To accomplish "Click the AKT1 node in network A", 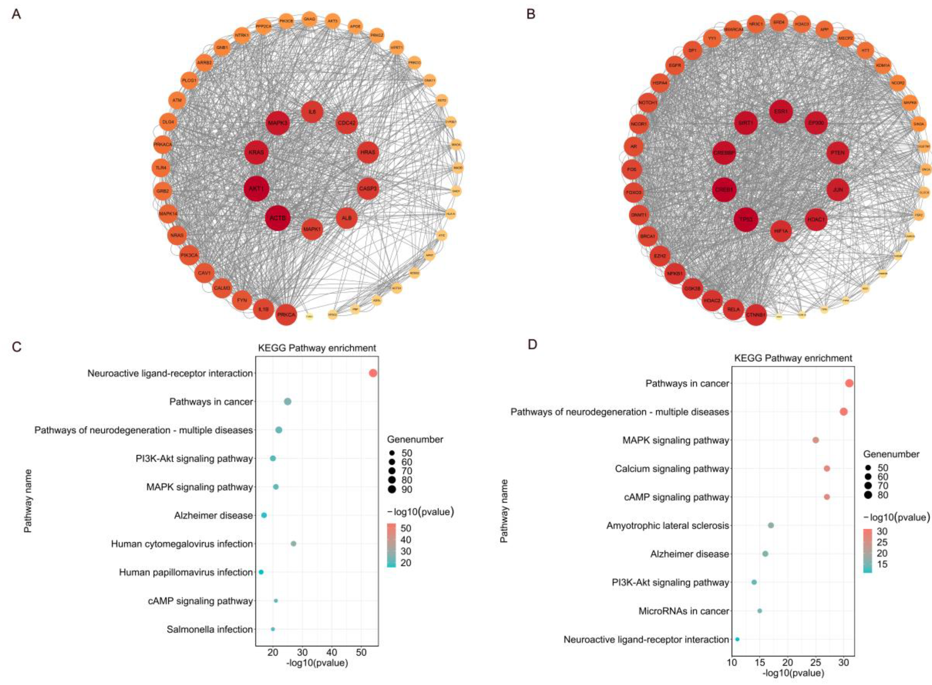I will [256, 189].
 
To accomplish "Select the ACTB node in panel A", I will [278, 218].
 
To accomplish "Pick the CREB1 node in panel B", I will [724, 190].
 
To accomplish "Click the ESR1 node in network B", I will [781, 111].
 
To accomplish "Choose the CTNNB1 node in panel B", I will [756, 315].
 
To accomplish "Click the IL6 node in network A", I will [312, 111].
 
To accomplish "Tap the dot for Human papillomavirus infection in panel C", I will [261, 572].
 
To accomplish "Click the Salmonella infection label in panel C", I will [210, 630].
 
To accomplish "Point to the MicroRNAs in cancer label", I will [683, 611].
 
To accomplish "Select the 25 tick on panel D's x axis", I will [815, 662].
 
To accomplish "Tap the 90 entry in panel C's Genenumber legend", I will [407, 490].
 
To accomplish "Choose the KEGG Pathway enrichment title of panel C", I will [317, 348].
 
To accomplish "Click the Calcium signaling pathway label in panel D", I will [672, 468].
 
